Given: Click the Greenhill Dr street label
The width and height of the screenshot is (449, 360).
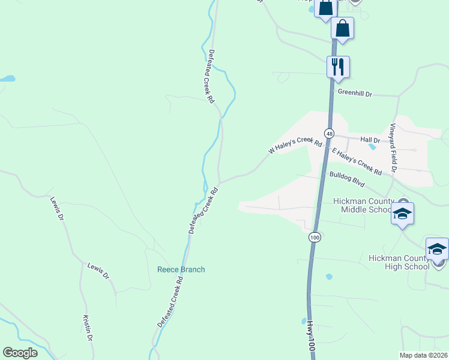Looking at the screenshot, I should point(355,93).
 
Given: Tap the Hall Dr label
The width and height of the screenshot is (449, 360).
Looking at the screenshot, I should point(370,139).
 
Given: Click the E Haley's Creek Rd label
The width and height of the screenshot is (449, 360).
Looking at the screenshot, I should point(357,162).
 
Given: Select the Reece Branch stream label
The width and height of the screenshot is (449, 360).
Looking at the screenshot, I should point(181,269).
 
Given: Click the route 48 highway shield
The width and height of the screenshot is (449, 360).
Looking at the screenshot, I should point(329,133).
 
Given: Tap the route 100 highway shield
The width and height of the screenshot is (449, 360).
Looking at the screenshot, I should point(315,238).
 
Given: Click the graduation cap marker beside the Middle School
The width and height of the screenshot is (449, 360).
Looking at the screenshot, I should point(402,214).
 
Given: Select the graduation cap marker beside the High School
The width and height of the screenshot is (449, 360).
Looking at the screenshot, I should point(437,249).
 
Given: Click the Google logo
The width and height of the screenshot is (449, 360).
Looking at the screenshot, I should point(20,353).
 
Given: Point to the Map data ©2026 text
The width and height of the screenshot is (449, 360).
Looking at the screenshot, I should point(423,355).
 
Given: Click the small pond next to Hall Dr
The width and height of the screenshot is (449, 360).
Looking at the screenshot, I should point(373,146).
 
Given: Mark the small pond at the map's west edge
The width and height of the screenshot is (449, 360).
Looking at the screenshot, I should point(7,79).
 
